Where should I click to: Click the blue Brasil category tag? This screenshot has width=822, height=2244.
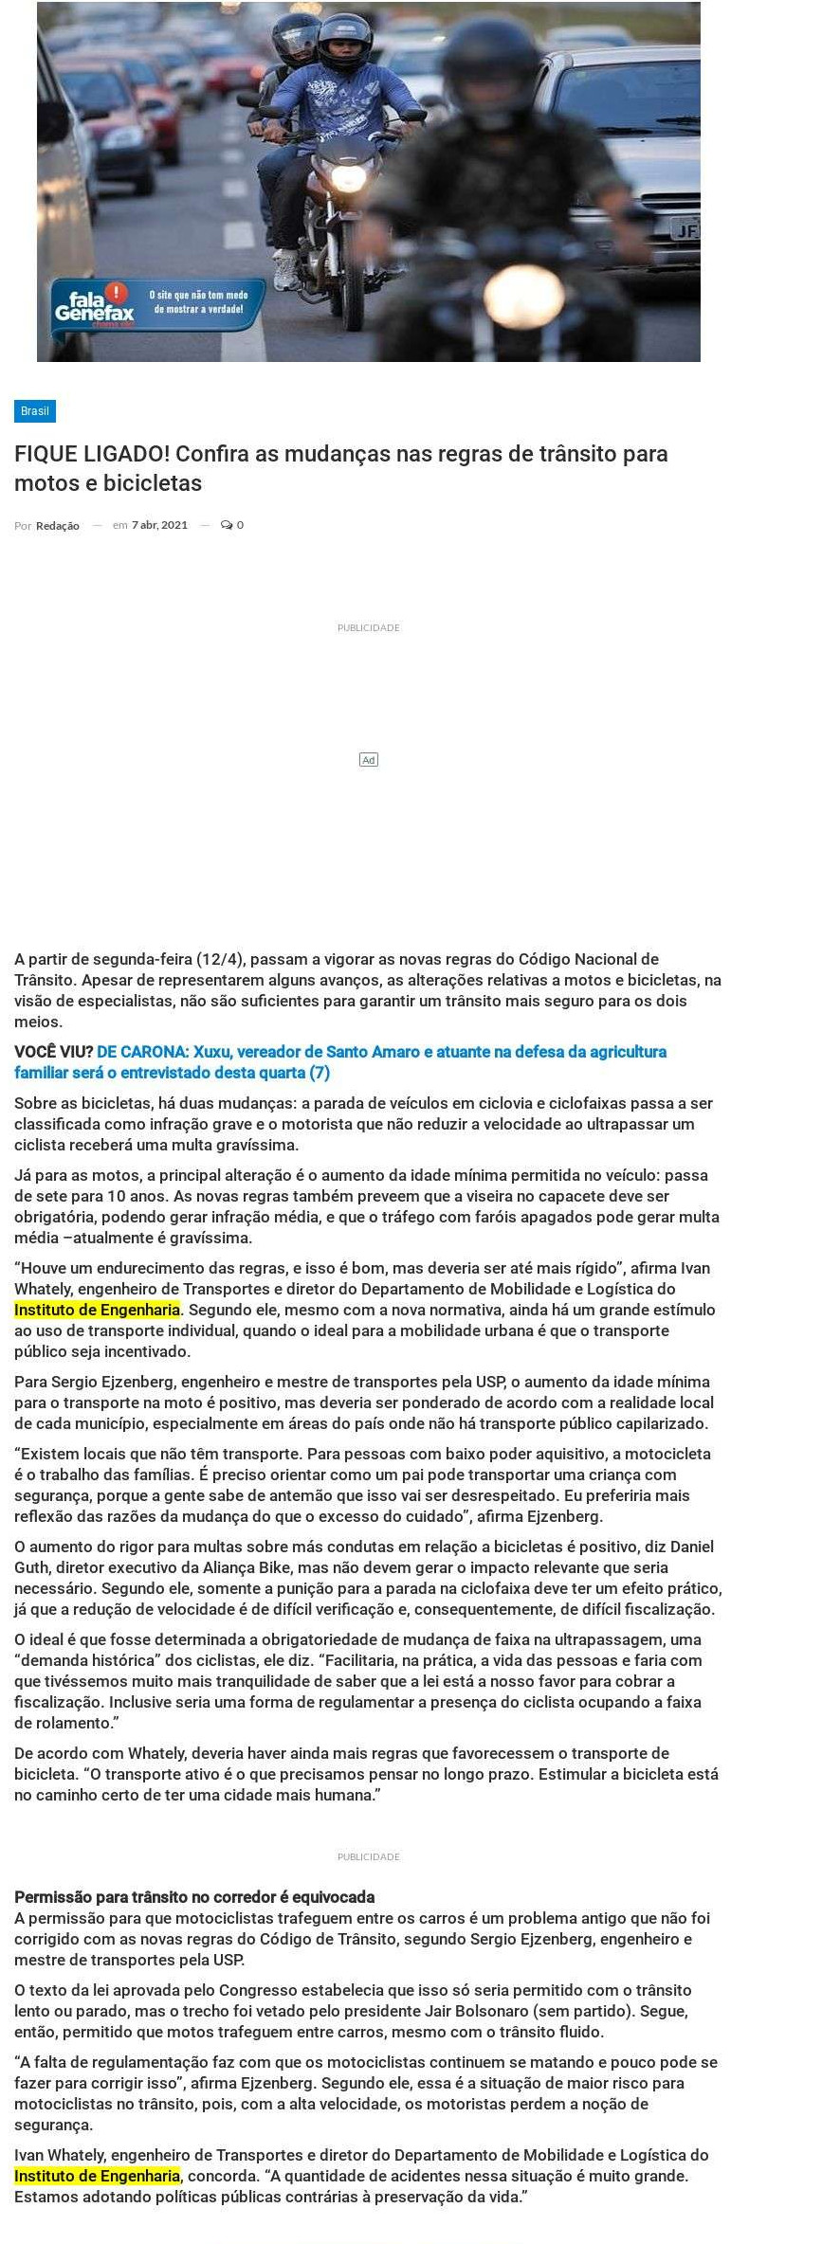point(34,411)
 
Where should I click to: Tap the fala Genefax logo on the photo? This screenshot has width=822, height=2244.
point(94,306)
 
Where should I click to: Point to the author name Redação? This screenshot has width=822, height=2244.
point(58,526)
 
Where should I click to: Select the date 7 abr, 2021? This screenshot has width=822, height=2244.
point(159,525)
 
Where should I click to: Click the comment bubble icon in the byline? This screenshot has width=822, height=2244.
point(227,525)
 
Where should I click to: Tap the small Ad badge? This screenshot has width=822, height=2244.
point(369,760)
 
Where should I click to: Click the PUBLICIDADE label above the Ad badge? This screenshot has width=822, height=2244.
point(369,628)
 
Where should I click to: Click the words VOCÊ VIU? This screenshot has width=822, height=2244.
point(53,1052)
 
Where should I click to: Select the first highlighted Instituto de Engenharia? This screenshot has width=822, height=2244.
point(97,1310)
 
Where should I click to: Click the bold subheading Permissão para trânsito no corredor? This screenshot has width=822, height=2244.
point(193,1897)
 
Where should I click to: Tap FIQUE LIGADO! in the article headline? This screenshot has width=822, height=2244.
point(91,454)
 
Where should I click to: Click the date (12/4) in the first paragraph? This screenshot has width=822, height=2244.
point(218,959)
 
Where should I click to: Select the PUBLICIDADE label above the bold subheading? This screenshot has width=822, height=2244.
point(369,1857)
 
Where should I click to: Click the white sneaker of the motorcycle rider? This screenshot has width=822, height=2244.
point(285,271)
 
